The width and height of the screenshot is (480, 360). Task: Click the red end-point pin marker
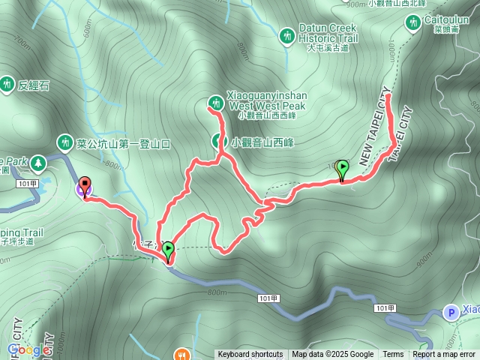pos(84,185)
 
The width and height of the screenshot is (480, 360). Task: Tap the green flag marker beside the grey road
pos(168,250)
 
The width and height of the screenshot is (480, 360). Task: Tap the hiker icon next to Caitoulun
pos(411,23)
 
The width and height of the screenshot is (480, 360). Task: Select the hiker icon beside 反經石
pos(7,84)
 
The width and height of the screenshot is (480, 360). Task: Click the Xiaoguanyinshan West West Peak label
pos(266,106)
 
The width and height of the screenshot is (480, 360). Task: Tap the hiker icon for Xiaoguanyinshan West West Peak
pos(214,103)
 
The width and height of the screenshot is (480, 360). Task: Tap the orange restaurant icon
pos(181,354)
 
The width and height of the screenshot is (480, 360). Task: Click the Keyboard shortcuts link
pos(250,355)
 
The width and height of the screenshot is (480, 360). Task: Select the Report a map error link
pos(443,355)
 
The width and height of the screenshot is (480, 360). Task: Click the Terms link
pos(393,355)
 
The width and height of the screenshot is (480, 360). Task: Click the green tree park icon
pos(35,161)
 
